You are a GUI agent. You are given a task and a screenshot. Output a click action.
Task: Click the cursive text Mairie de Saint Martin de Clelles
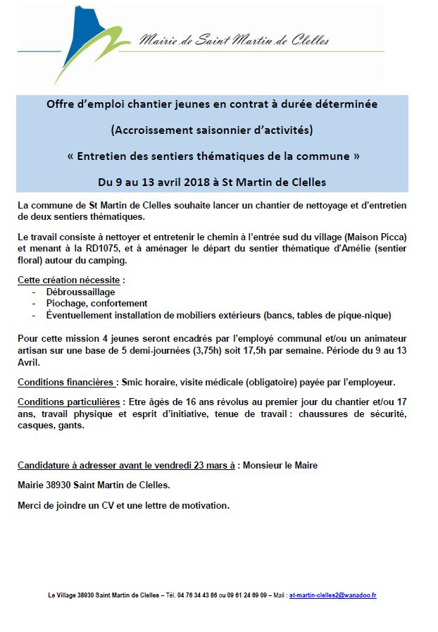(x=234, y=41)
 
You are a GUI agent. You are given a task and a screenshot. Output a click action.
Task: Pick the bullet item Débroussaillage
(x=80, y=292)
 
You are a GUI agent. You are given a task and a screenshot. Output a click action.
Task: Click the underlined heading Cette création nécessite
(x=69, y=280)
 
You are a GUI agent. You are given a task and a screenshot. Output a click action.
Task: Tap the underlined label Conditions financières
(x=67, y=383)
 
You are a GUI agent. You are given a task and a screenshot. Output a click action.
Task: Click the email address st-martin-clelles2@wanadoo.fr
(x=332, y=595)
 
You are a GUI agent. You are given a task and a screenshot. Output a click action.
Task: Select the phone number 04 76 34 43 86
(x=196, y=595)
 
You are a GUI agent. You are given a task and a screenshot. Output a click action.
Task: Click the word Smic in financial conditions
(x=132, y=383)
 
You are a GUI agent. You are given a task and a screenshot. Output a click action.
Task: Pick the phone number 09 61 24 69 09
(x=246, y=595)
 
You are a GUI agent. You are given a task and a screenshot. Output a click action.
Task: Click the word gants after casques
(x=72, y=426)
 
